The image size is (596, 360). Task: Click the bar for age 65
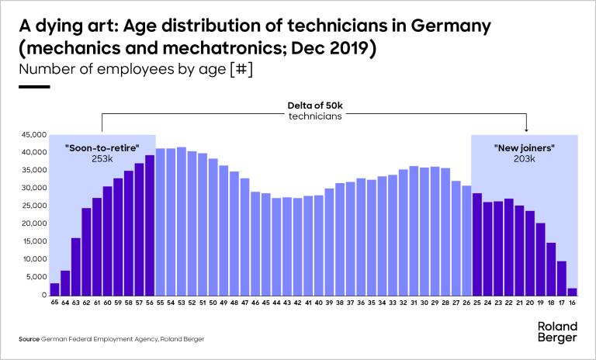(54, 289)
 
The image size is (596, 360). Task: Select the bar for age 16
(572, 292)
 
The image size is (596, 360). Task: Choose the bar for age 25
(477, 244)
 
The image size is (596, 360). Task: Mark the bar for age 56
(150, 225)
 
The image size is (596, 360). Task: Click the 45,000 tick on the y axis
(34, 134)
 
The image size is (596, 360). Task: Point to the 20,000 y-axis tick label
(34, 223)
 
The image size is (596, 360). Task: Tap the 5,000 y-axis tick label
(36, 278)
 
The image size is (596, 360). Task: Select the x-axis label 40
(318, 304)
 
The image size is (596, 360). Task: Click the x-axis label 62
(86, 304)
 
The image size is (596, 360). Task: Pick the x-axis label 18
(551, 304)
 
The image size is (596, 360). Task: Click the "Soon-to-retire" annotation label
(102, 146)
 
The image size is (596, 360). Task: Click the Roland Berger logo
(556, 332)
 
